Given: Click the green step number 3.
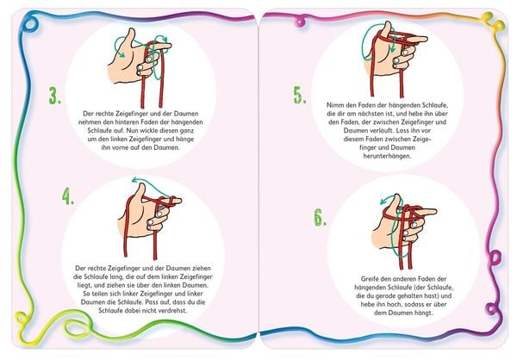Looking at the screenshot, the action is [55, 96].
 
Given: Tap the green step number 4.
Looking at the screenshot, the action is [68, 196].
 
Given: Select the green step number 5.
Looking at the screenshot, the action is [300, 96].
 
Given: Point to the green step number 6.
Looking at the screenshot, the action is [320, 218].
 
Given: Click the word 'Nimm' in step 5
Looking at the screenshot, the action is [333, 105].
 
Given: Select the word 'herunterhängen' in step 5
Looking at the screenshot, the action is [388, 156].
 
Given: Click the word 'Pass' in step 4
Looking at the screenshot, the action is [151, 302].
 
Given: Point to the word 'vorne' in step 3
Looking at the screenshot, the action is [121, 147].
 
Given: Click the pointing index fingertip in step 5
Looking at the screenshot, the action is [424, 39].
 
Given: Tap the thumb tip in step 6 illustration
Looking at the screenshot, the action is [396, 198].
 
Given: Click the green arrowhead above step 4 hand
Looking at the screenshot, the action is [134, 180].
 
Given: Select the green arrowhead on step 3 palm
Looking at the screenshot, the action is [121, 55].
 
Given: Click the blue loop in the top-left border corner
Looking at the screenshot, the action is [29, 24].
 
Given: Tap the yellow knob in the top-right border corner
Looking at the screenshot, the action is [488, 16].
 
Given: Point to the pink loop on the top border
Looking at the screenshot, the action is [300, 22].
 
